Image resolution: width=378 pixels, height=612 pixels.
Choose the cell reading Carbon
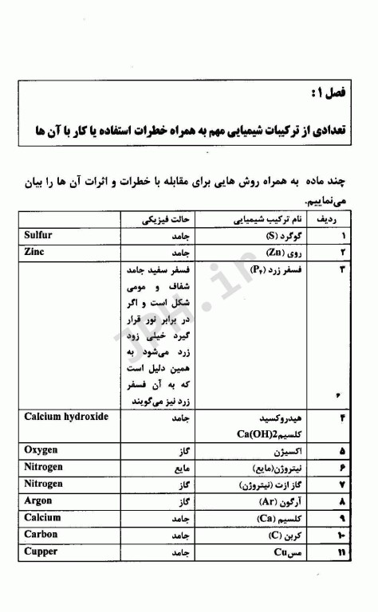41,534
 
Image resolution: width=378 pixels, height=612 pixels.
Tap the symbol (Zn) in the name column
275,253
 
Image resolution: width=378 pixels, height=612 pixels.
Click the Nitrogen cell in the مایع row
43,466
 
